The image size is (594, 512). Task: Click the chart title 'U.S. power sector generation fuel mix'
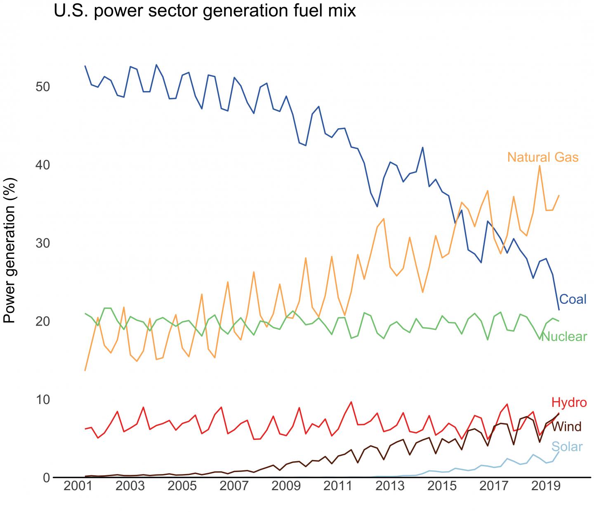(205, 11)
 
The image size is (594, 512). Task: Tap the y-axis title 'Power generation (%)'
(10, 251)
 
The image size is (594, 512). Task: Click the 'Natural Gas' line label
(542, 157)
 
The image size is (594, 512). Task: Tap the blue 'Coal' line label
(573, 299)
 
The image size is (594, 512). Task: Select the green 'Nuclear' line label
(563, 337)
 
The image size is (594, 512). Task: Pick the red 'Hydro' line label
(569, 402)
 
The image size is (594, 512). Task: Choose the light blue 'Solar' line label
(567, 447)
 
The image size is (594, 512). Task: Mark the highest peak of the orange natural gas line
(540, 166)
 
